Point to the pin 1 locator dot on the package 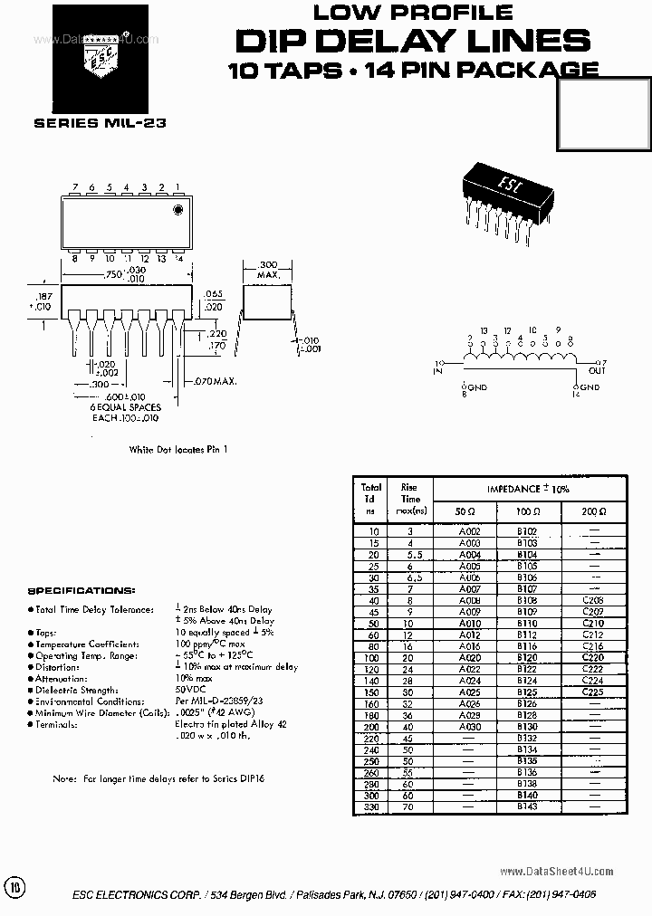point(177,210)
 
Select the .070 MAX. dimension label point(215,382)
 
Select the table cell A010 point(469,624)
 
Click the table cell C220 point(593,657)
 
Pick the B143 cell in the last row point(527,806)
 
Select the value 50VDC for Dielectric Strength point(189,690)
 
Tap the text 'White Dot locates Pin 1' point(177,449)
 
